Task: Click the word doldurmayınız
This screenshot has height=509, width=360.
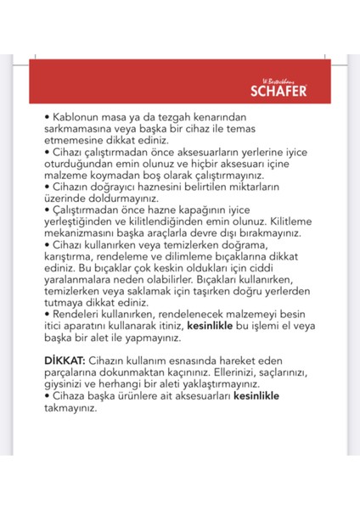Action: [121, 198]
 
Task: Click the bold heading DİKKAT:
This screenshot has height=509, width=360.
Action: [67, 362]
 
